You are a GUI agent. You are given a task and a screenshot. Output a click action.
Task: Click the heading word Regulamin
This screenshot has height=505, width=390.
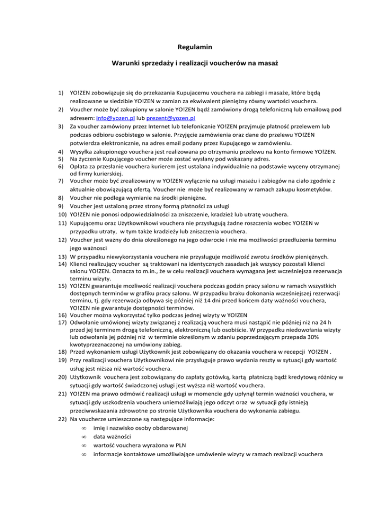click(194, 47)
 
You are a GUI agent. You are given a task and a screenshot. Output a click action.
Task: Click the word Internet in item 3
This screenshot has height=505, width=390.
click(163, 128)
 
